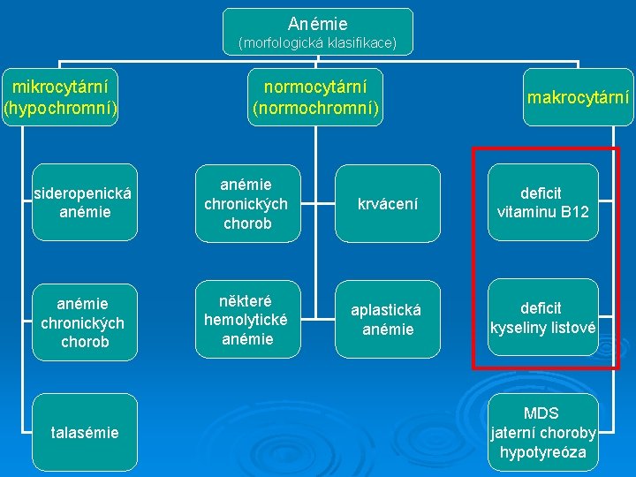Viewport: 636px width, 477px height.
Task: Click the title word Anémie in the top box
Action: pos(318,24)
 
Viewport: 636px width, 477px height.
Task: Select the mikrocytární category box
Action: pos(60,97)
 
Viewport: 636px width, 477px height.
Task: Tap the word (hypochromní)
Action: pos(60,108)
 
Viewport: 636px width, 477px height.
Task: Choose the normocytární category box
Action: pos(316,97)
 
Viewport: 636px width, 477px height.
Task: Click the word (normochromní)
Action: pos(316,108)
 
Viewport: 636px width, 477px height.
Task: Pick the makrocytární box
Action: pos(579,97)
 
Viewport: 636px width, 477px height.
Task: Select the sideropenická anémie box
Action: pos(84,202)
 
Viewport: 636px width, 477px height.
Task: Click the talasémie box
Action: pos(84,432)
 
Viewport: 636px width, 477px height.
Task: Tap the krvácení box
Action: pos(388,203)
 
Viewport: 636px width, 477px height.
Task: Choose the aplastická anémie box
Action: pos(388,319)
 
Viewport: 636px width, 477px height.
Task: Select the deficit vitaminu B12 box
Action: pos(541,202)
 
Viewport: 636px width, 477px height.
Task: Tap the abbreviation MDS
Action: pos(541,413)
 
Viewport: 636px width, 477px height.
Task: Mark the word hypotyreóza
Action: pos(541,452)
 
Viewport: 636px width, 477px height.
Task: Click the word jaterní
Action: pos(516,433)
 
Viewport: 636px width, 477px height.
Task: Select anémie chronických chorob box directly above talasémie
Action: pos(84,322)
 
